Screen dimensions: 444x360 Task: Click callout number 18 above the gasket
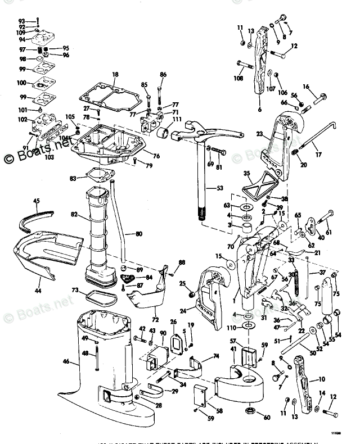click(115, 74)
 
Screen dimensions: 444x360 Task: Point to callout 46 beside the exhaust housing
click(67, 362)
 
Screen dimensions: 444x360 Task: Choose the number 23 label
click(259, 135)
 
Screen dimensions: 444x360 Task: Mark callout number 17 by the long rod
click(319, 156)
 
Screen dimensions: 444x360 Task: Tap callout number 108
click(239, 78)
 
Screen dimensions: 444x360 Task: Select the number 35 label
click(246, 173)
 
